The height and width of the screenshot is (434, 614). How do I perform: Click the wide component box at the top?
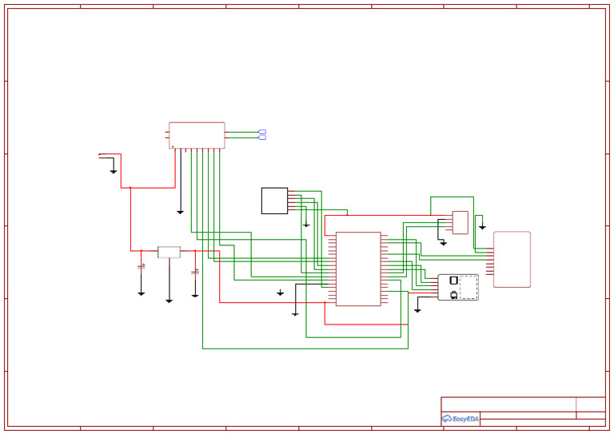coord(197,135)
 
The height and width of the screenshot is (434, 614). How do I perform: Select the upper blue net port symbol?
coord(262,132)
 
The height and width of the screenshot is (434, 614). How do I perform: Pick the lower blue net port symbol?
coord(262,137)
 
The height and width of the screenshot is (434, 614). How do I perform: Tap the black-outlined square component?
coord(274,201)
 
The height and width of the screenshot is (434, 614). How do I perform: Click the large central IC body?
coord(358,269)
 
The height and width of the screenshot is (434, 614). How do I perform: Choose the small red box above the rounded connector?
coord(460,222)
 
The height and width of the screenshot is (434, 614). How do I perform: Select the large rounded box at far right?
coord(512,259)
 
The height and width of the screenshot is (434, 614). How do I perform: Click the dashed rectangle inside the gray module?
coord(468,288)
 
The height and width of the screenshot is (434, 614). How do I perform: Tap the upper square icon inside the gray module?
coord(454,281)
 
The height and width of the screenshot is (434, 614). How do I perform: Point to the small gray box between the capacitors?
coord(169,253)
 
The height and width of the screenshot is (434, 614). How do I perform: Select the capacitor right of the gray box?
coord(195,273)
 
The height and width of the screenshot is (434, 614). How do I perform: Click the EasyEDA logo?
coord(460,419)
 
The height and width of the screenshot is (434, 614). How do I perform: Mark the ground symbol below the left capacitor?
coord(142,294)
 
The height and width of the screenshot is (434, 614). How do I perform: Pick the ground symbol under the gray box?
coord(169,301)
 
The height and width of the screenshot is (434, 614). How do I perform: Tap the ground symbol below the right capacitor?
coord(195,296)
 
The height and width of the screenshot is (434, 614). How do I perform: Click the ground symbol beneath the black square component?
coord(306,225)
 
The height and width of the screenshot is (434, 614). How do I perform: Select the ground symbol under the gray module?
coord(417,310)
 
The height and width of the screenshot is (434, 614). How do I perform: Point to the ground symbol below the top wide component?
coord(180,213)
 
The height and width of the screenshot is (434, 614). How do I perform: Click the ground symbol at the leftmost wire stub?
coord(114,172)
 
